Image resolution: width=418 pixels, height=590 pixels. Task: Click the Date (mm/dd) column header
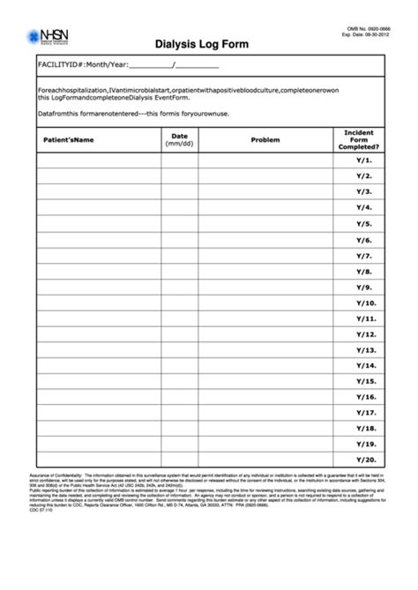180,140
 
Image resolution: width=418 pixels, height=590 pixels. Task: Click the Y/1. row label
364,161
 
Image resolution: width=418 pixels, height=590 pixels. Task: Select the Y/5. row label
364,224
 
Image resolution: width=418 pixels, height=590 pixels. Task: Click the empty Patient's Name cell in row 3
98,192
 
